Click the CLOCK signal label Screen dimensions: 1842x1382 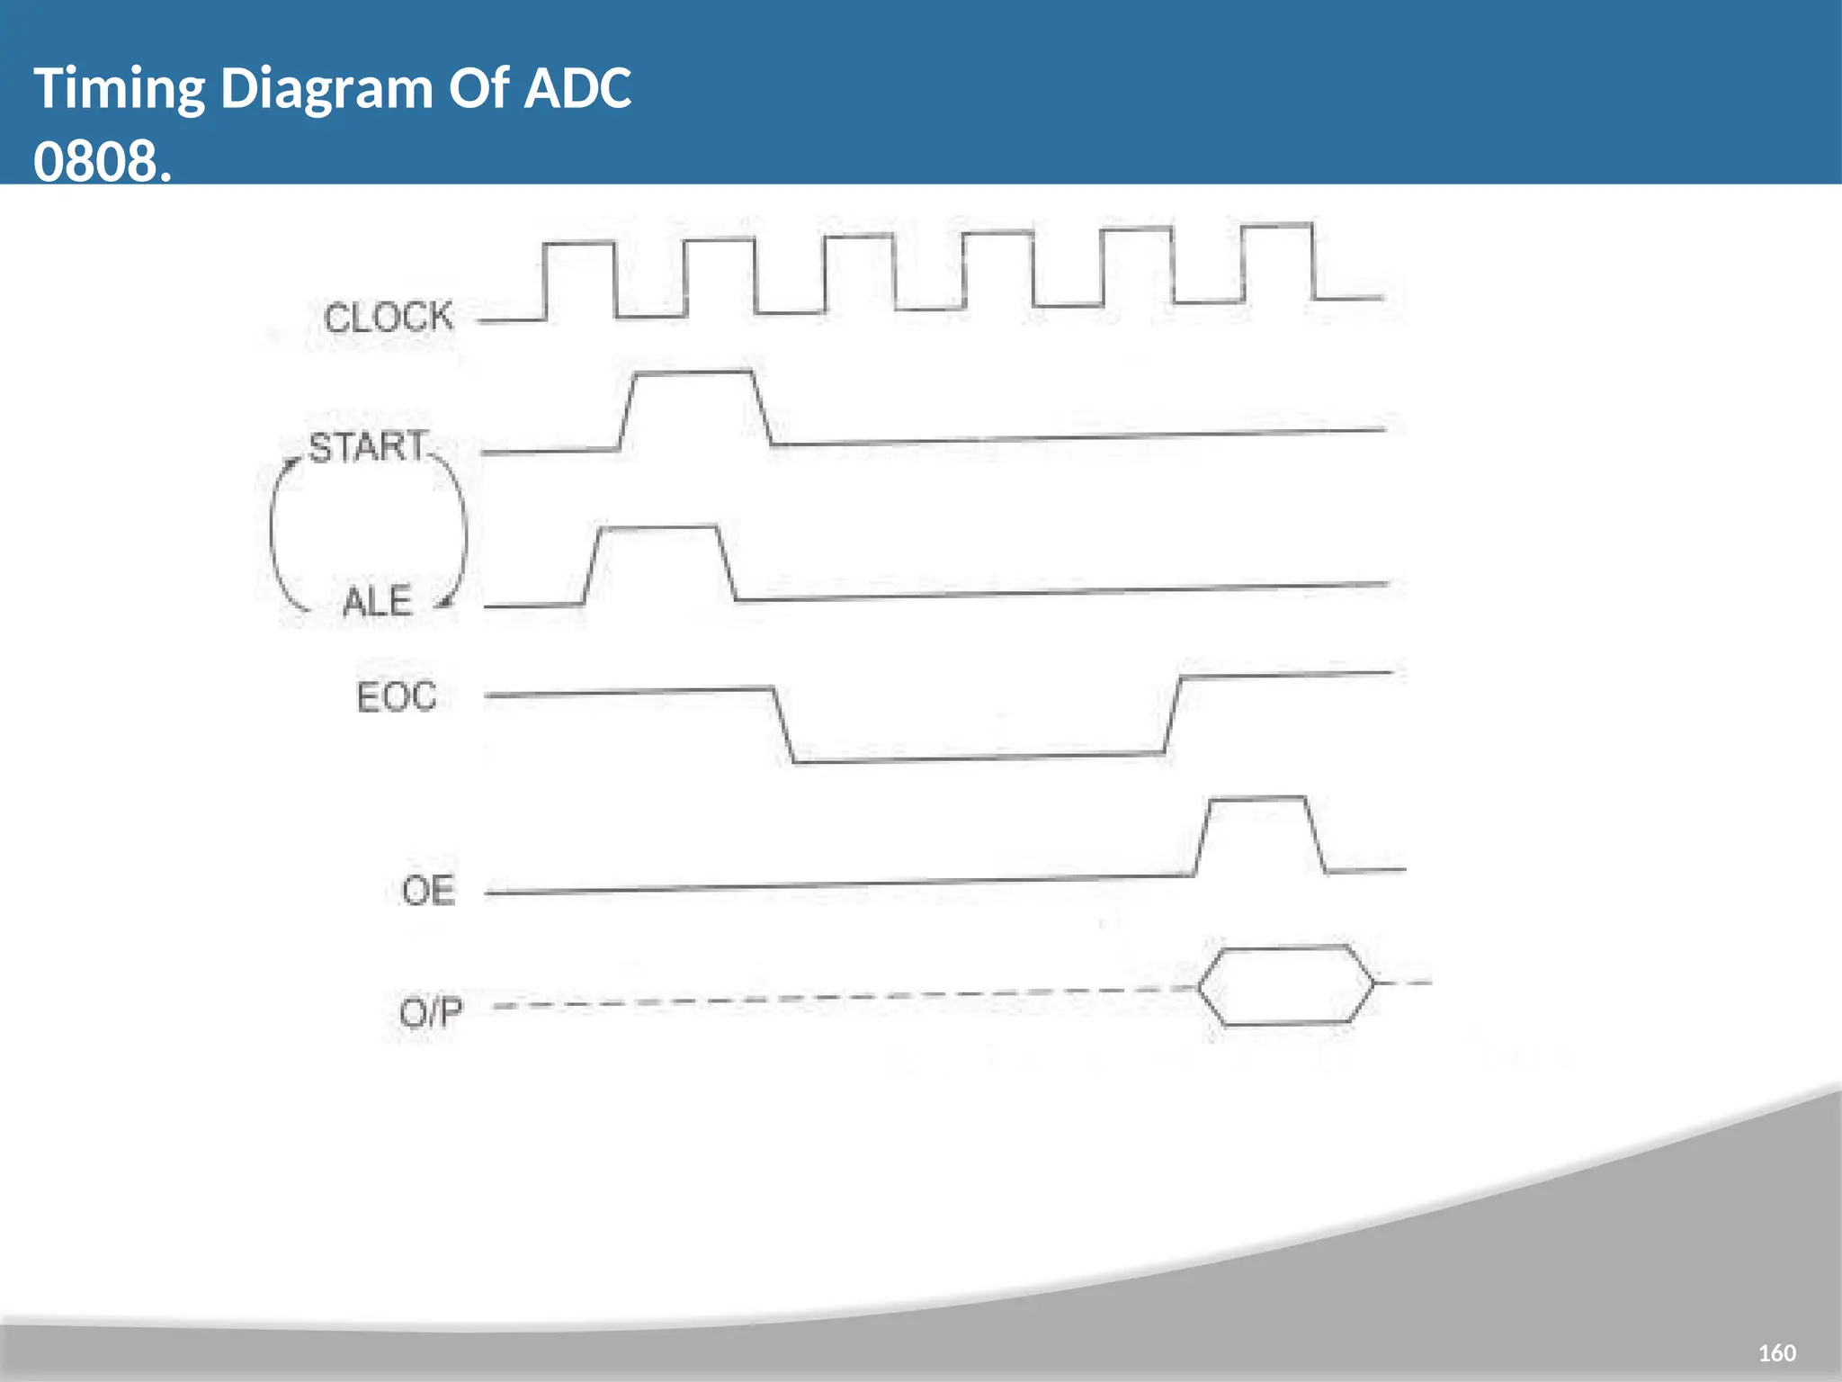(x=389, y=318)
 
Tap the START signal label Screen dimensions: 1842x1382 (x=368, y=447)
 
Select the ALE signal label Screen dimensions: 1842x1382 (x=377, y=602)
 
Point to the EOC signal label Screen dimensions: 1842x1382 (x=397, y=697)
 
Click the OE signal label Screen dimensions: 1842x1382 (x=428, y=891)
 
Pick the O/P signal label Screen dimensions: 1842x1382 (x=431, y=1013)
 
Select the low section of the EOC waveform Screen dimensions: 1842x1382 (x=976, y=758)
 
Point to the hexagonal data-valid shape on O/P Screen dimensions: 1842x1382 (x=1286, y=985)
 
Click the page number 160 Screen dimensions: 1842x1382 (x=1776, y=1353)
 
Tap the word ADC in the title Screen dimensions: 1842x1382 (x=577, y=89)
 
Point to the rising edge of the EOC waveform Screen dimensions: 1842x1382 (x=1173, y=715)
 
